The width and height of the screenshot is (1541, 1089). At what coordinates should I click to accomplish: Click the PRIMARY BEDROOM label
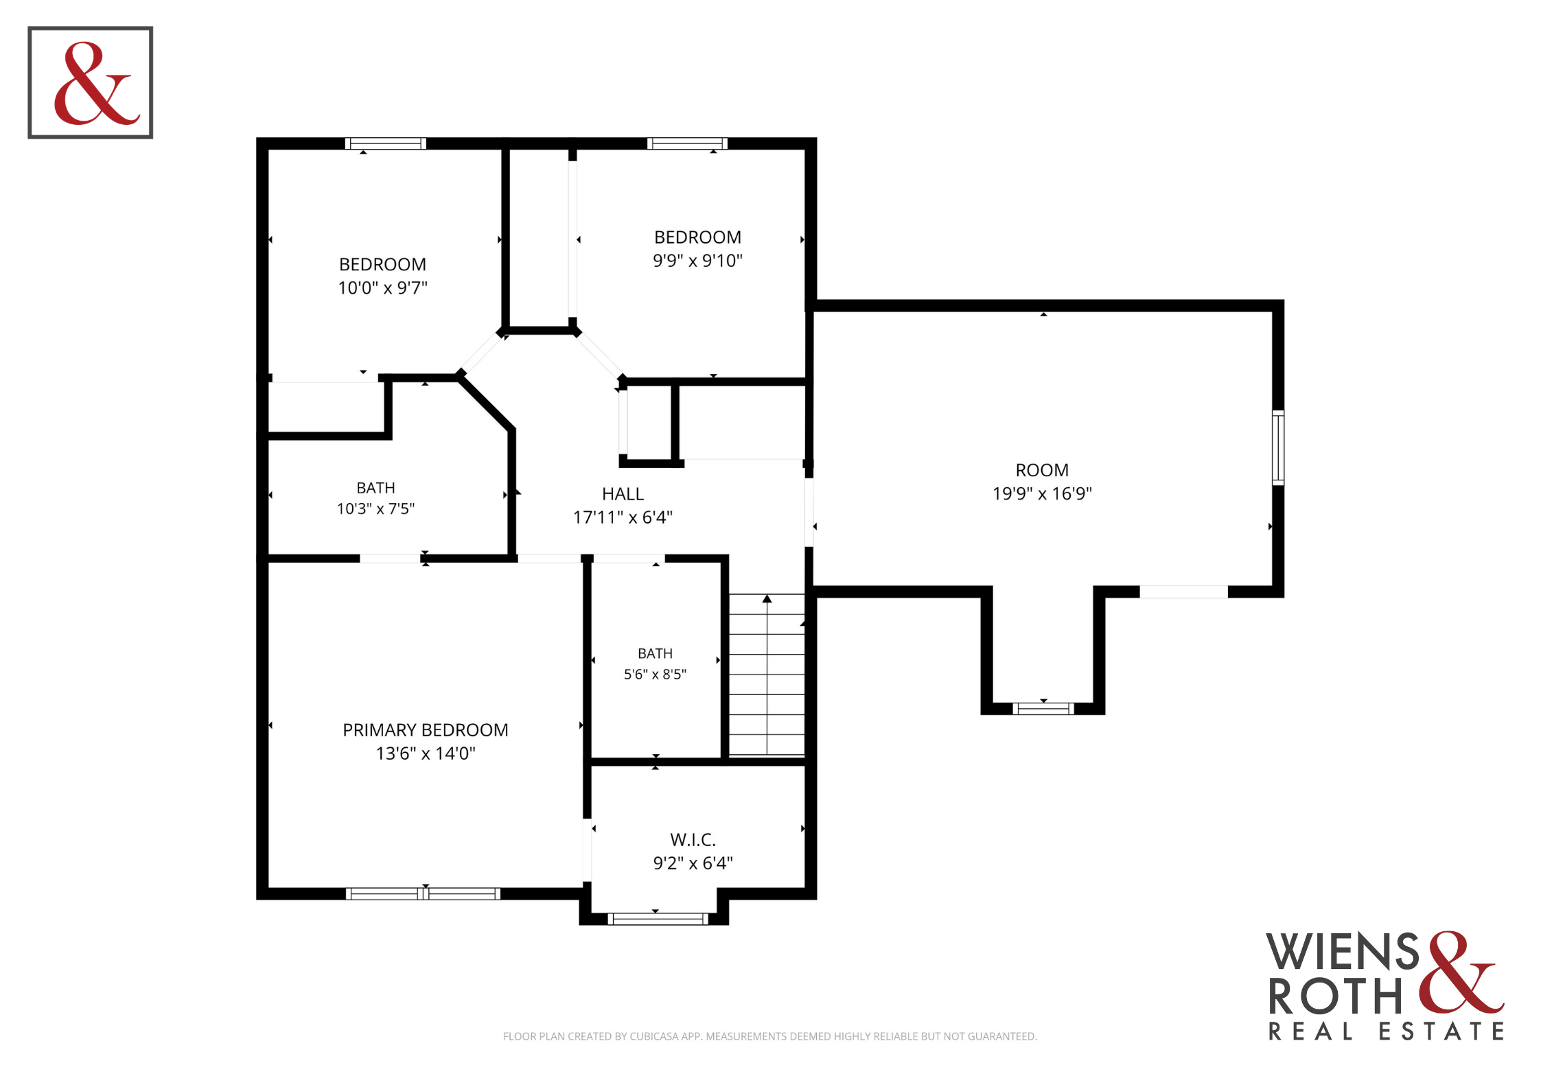pos(426,730)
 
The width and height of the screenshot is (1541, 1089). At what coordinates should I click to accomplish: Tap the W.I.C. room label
pos(693,840)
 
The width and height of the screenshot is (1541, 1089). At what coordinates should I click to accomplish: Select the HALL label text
pos(623,494)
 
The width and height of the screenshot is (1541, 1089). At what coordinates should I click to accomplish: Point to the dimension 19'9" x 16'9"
pos(1042,494)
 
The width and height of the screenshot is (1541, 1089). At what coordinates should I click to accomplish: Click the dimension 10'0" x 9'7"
pos(382,288)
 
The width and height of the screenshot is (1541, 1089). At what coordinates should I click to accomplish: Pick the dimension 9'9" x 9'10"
pos(697,261)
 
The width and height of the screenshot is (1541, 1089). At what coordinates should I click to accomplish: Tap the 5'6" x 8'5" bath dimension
pos(655,675)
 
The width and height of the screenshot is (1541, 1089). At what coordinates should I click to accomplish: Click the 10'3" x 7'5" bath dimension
pos(375,509)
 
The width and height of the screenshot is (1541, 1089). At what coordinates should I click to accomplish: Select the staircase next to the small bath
pos(767,675)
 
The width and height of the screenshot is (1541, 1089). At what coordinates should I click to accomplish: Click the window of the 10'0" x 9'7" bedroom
pos(385,143)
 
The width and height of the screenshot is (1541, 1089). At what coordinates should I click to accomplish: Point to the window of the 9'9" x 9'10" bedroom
pos(687,143)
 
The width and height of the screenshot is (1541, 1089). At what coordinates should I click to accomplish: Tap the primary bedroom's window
pos(423,893)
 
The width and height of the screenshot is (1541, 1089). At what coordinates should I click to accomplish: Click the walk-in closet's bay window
pos(658,919)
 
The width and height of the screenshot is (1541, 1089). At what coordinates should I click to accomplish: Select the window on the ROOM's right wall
pos(1278,447)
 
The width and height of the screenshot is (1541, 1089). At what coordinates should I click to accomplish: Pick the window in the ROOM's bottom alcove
pos(1043,709)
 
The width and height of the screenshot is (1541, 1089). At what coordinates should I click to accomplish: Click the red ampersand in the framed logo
pos(96,84)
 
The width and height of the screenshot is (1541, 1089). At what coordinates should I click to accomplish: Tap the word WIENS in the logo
pos(1342,952)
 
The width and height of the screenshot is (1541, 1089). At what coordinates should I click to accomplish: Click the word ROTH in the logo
pos(1335,996)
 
